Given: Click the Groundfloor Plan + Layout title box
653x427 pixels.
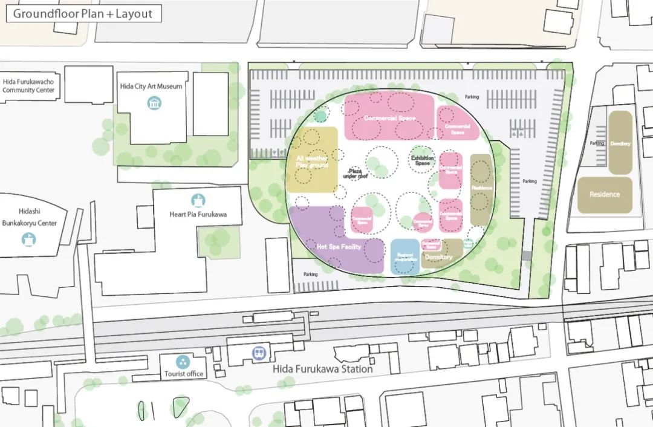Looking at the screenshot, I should (x=83, y=13).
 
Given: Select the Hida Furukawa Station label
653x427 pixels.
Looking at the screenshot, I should (x=322, y=369).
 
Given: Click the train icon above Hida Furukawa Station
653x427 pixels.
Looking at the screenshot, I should (x=258, y=351).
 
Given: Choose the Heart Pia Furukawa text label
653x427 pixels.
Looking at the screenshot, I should (x=198, y=214).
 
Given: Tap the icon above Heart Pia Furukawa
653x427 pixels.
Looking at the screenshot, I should (x=198, y=200).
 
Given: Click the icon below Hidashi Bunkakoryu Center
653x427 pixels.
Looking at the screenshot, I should (x=28, y=240).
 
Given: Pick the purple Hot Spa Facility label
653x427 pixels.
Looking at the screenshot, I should (x=339, y=247).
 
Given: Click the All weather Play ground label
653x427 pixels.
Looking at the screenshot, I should (x=312, y=161).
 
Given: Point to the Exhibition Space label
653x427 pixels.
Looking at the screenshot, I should (x=423, y=160).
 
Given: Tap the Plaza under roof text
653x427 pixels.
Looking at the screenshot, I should (x=355, y=173).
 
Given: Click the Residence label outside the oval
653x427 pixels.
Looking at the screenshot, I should (x=605, y=195).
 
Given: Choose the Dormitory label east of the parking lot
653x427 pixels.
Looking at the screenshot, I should (x=620, y=144).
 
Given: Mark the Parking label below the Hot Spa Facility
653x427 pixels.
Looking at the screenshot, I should (x=310, y=274).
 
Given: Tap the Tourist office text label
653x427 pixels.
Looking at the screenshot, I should (x=184, y=374).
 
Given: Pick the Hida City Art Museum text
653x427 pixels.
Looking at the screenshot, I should (x=151, y=86).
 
